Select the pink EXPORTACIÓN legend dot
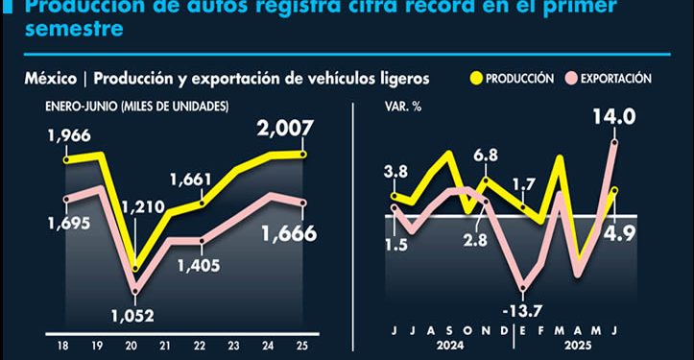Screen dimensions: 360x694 (573, 78)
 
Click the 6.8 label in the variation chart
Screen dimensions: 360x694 (486, 155)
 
